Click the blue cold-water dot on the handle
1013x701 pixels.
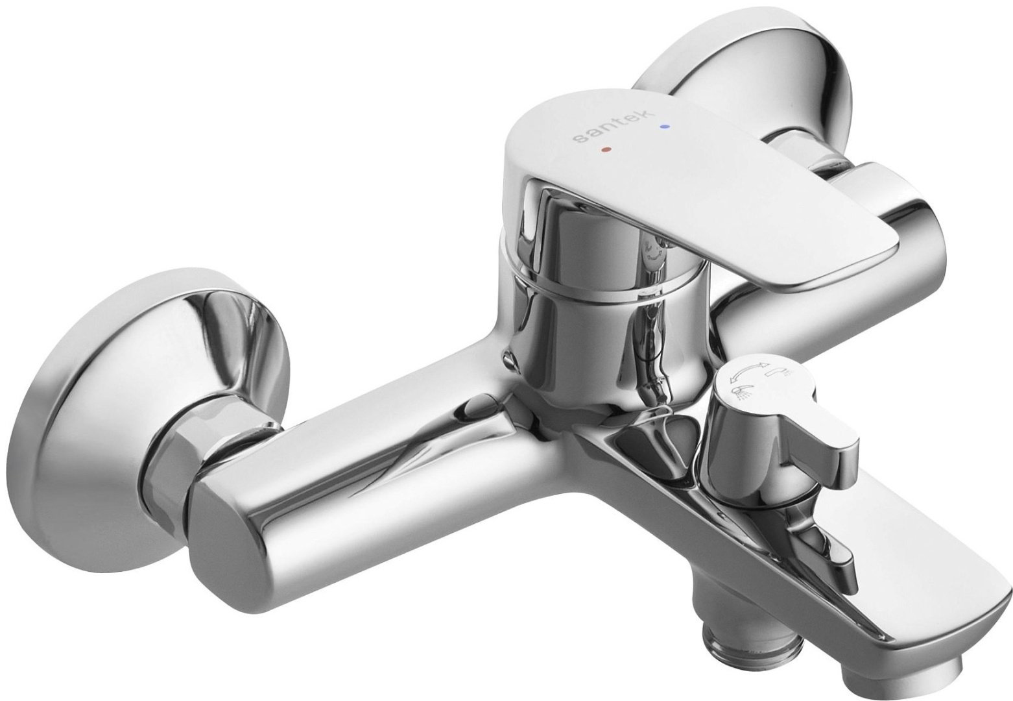663,127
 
